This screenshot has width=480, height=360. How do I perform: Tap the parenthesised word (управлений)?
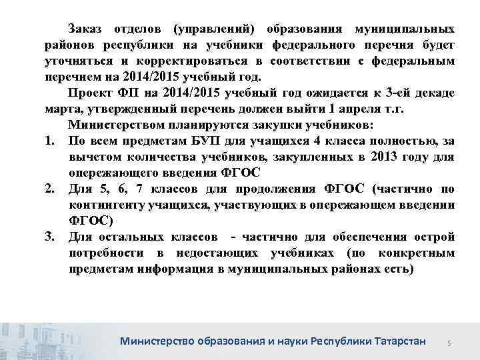(217, 29)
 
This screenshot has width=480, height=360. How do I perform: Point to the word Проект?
(89, 91)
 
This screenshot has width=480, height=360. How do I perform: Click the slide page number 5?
(449, 342)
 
